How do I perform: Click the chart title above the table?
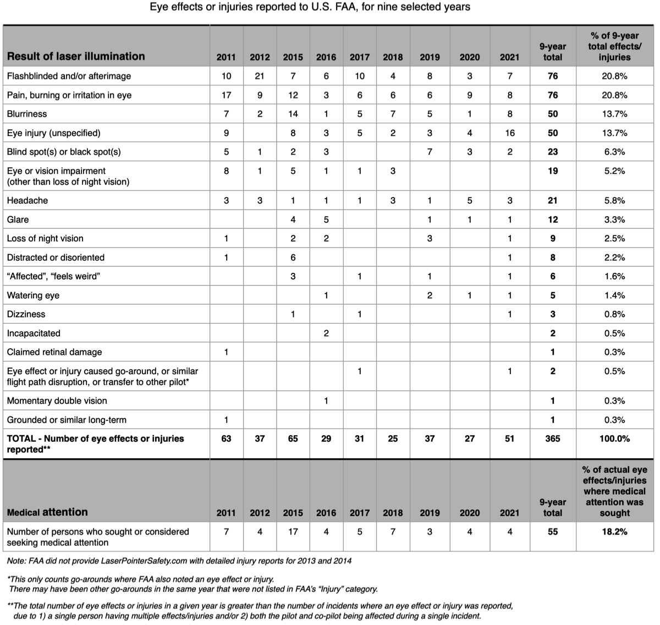[310, 8]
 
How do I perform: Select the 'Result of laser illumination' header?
[76, 56]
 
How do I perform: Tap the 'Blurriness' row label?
[27, 114]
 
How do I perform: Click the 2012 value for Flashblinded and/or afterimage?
[260, 76]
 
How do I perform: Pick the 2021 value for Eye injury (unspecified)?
[509, 133]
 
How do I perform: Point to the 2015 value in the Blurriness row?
[293, 114]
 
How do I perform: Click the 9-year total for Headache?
[553, 201]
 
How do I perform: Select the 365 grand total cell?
[553, 438]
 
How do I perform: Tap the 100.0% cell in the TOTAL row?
[614, 438]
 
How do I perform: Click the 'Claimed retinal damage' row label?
[54, 352]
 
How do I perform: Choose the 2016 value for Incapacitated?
[326, 333]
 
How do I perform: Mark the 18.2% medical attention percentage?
[614, 532]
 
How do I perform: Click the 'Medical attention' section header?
[47, 512]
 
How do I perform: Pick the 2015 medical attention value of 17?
[293, 532]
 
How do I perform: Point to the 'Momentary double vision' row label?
[57, 401]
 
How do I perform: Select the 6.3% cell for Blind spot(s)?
[614, 152]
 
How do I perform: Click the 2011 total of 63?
[226, 438]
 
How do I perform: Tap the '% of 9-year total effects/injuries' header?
[614, 46]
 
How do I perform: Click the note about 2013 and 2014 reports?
[179, 561]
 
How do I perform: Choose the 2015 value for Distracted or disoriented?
[293, 257]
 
